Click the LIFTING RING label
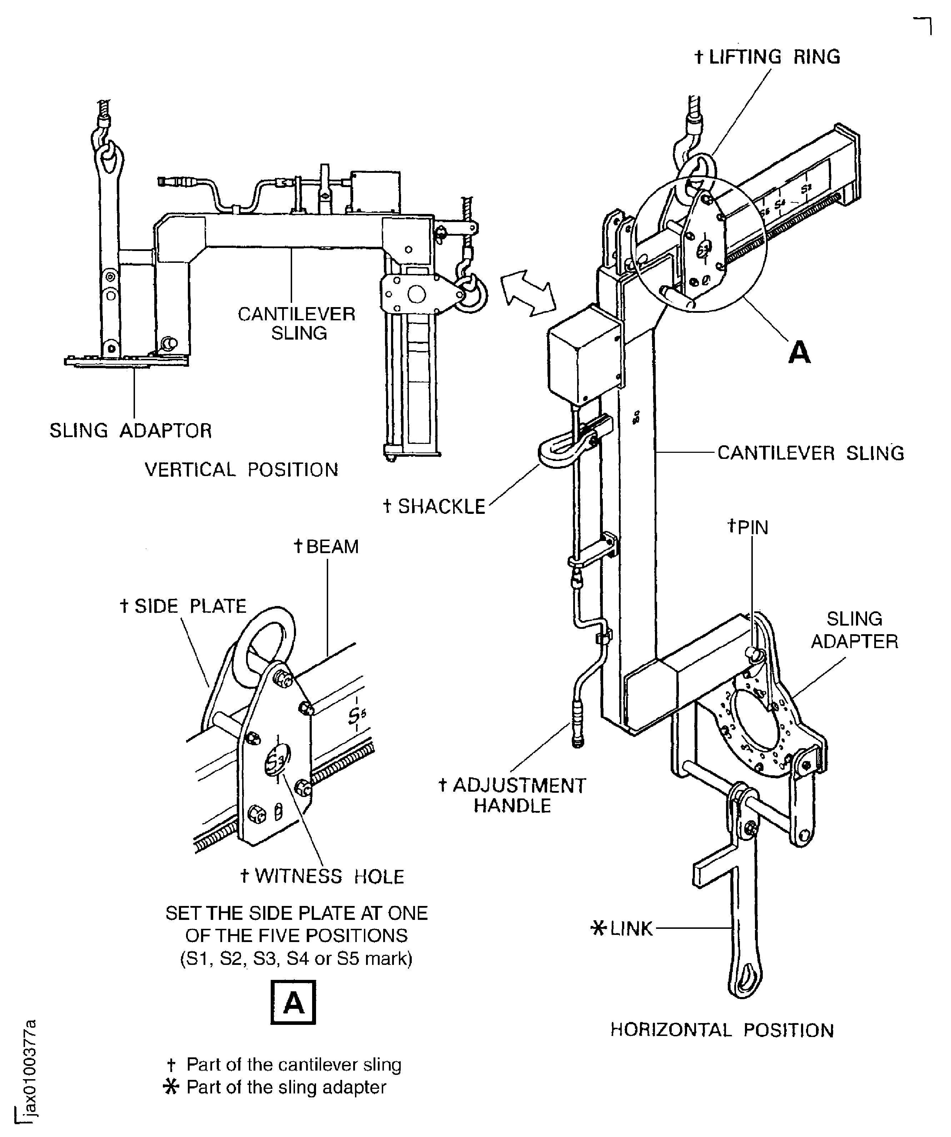coord(767,57)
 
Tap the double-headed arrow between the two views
coord(528,293)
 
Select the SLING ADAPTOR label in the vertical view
coord(130,431)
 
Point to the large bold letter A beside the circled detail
coord(799,352)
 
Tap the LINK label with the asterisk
coord(622,928)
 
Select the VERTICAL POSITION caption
coord(241,470)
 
